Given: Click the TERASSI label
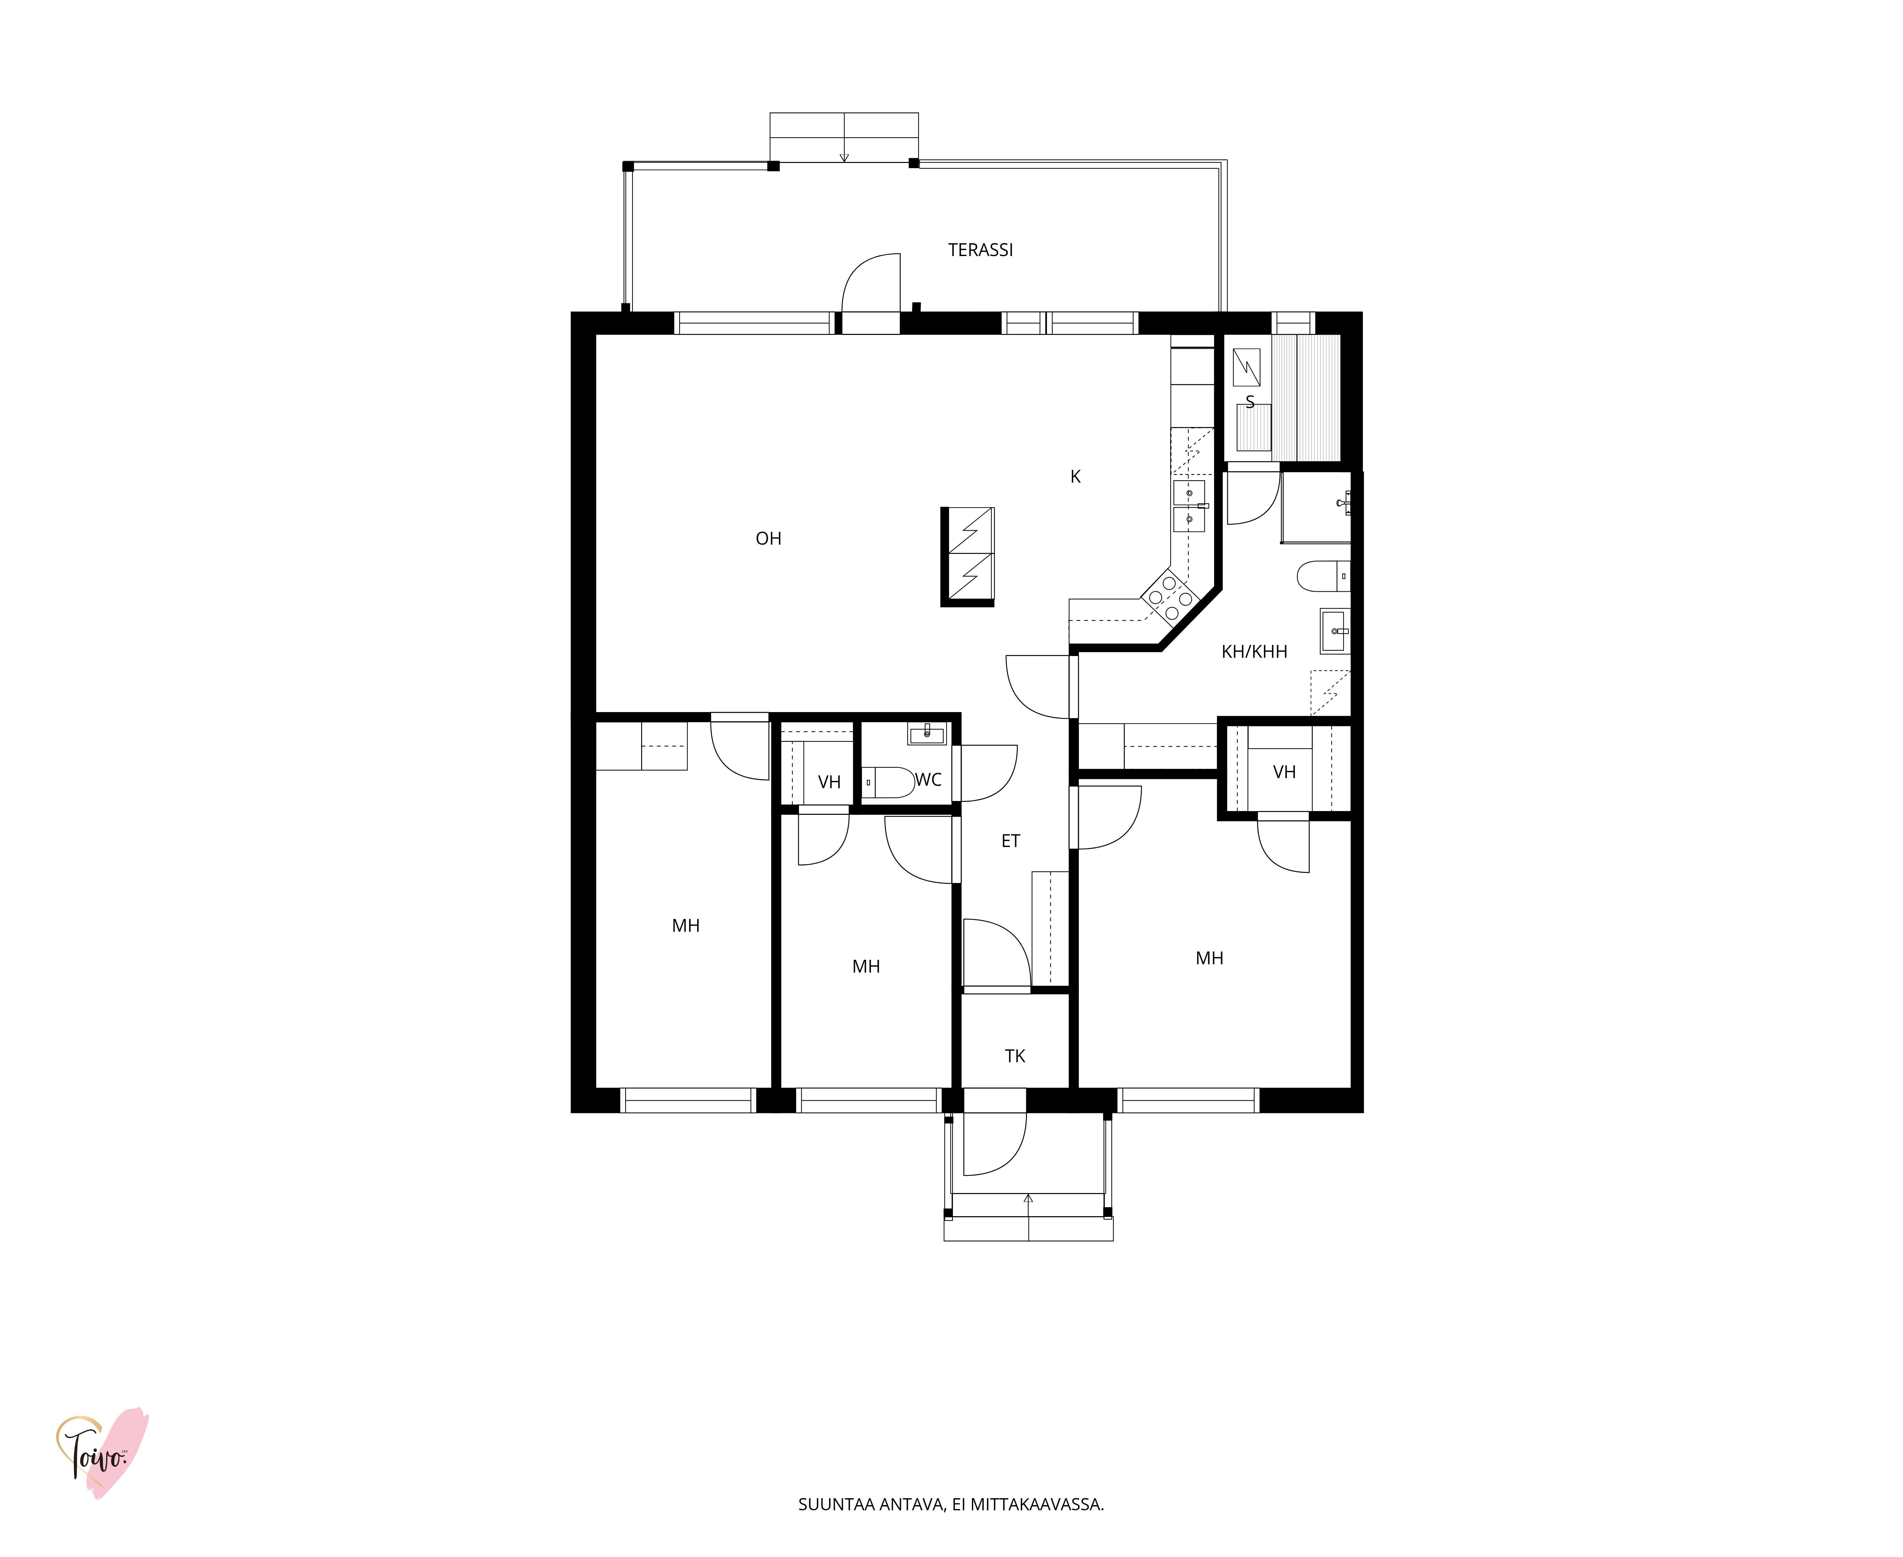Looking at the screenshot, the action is click(x=980, y=250).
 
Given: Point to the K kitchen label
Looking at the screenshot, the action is click(x=1075, y=477).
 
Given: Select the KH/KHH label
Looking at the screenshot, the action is click(x=1254, y=652).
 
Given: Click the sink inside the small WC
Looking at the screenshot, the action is click(x=926, y=735).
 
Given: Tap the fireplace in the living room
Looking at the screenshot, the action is click(x=968, y=557).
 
